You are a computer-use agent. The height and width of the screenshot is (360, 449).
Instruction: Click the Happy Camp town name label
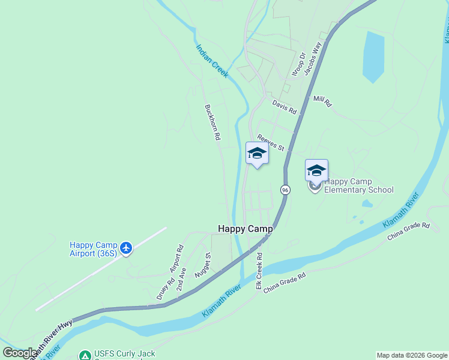(245, 229)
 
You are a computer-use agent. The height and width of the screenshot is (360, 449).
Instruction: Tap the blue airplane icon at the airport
(125, 247)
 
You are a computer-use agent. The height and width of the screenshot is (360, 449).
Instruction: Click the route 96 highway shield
(285, 190)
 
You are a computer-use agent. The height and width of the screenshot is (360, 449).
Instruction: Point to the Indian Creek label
(212, 61)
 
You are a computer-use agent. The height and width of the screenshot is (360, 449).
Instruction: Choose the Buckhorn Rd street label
(212, 123)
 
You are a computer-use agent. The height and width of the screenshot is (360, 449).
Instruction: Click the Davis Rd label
(285, 107)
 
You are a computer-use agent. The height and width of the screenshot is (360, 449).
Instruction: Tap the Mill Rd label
(322, 101)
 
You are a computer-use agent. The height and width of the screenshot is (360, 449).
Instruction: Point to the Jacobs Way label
(313, 58)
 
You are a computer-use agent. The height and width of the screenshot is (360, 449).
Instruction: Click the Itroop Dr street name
(298, 64)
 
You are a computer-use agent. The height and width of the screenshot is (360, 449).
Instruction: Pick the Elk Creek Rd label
(259, 271)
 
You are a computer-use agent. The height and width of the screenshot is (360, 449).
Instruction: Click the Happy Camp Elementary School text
(358, 186)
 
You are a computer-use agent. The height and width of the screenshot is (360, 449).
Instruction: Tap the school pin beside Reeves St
(257, 154)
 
